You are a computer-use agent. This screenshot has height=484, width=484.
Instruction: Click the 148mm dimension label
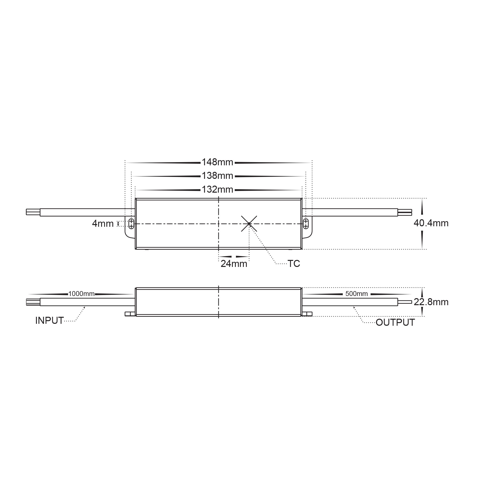(x=217, y=162)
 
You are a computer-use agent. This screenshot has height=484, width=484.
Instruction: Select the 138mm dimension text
(x=217, y=176)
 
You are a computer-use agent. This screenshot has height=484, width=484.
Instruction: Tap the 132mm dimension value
(x=217, y=189)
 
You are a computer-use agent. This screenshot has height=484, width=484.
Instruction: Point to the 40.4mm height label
(x=431, y=223)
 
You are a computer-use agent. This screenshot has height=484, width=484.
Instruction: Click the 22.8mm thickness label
(x=431, y=302)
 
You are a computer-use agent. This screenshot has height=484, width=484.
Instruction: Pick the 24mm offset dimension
(x=234, y=264)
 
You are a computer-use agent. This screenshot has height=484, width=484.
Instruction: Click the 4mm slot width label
(x=103, y=224)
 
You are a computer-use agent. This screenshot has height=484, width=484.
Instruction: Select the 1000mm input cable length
(x=81, y=294)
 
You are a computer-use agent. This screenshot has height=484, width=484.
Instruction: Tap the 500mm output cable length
(x=356, y=294)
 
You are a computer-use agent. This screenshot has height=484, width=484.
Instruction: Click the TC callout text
(x=293, y=264)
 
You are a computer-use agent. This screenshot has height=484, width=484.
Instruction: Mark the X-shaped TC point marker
(x=249, y=223)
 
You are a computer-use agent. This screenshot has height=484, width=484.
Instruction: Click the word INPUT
(x=49, y=321)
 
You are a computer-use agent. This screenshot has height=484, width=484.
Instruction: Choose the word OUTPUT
(x=395, y=323)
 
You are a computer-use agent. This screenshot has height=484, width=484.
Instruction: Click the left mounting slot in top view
(x=131, y=223)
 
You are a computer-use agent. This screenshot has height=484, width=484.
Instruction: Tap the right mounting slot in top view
(x=306, y=223)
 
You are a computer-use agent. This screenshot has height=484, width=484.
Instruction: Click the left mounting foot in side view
(x=130, y=314)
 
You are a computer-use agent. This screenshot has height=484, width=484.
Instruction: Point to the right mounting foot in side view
(x=307, y=314)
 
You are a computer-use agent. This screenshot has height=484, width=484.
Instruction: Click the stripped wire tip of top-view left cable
(x=33, y=212)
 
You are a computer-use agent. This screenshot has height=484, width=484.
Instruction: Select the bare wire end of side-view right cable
(x=405, y=302)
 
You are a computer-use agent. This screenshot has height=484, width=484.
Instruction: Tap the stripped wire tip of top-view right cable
(x=405, y=212)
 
